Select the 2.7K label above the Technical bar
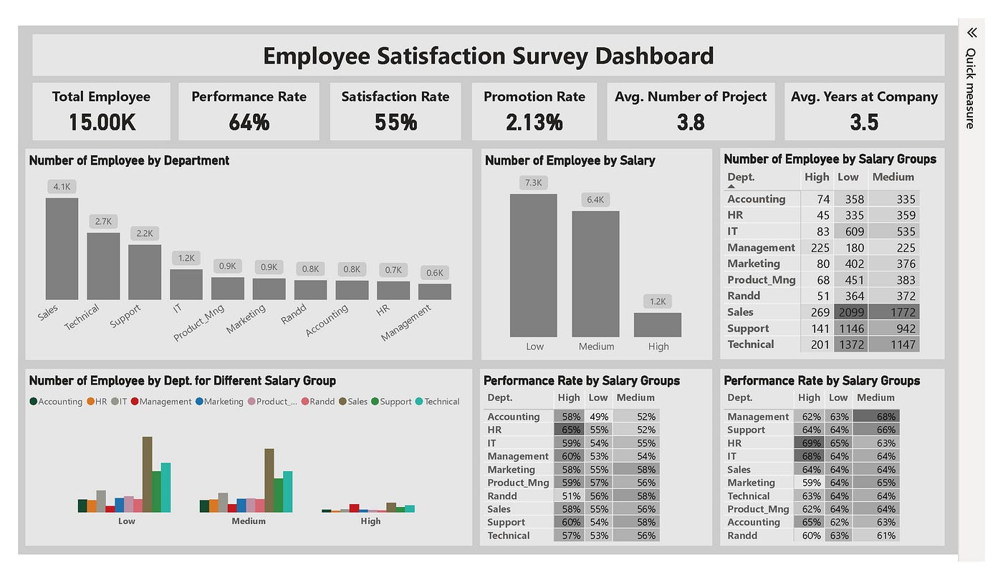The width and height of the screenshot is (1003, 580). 103,221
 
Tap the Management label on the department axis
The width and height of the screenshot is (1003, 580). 406,323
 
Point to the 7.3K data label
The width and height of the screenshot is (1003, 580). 534,183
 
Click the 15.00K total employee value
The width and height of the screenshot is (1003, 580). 102,122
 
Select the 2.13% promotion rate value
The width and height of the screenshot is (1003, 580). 534,122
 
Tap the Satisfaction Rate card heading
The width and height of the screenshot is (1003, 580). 395,97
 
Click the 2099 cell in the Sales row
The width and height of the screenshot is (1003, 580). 850,312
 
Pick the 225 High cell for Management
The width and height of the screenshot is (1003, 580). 817,248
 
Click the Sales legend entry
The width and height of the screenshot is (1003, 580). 355,402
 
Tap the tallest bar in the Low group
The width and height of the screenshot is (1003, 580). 147,474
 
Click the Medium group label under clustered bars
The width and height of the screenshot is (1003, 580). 249,521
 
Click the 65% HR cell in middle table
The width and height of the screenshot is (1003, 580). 570,430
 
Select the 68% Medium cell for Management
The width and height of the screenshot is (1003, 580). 885,417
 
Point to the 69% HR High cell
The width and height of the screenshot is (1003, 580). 810,443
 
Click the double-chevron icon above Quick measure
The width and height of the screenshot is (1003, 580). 971,33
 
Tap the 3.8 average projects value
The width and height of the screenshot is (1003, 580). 691,122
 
